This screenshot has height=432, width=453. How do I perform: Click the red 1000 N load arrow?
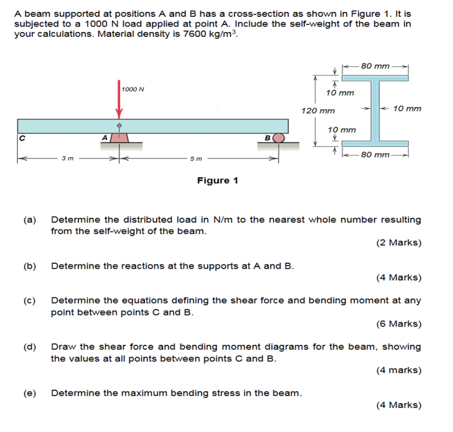(119, 100)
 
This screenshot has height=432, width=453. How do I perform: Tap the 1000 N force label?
(133, 89)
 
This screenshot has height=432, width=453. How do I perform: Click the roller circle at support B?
(279, 138)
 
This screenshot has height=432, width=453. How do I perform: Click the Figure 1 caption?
(217, 181)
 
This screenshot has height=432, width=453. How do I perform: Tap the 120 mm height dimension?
(318, 110)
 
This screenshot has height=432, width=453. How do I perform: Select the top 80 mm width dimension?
(375, 66)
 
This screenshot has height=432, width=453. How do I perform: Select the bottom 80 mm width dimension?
(375, 155)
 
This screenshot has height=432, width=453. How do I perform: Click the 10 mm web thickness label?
(407, 108)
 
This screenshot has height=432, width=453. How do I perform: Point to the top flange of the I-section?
(375, 78)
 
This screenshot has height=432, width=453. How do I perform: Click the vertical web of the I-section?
(376, 110)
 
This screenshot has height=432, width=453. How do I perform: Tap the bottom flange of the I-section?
(375, 143)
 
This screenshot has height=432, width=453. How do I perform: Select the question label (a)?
(30, 220)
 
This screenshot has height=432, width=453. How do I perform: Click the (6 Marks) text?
(399, 324)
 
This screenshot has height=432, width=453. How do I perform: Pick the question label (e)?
(30, 393)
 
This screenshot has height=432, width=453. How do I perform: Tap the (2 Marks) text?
(399, 243)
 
